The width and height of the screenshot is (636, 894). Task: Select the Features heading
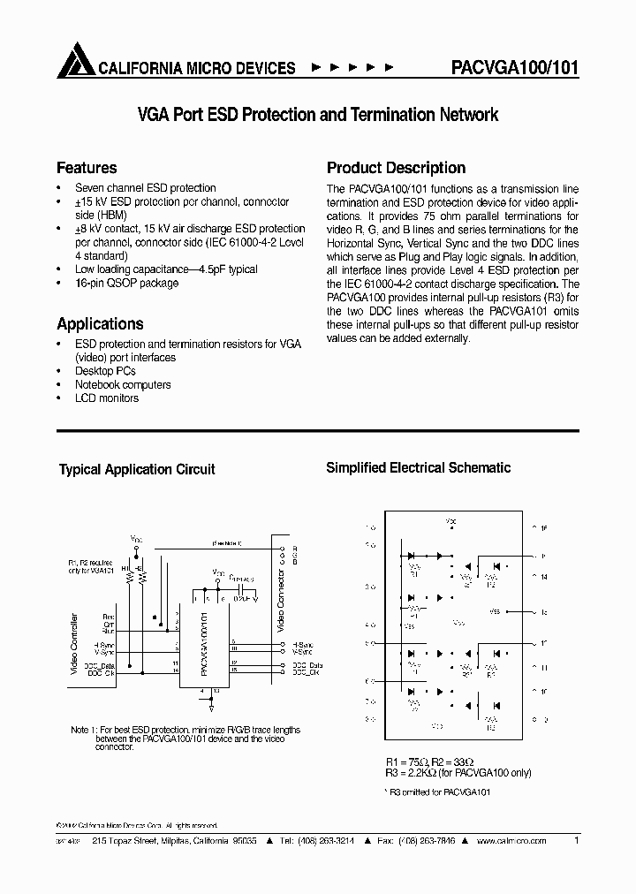click(x=87, y=168)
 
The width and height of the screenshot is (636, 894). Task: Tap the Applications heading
click(x=100, y=324)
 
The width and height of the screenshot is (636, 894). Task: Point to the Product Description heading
click(x=396, y=168)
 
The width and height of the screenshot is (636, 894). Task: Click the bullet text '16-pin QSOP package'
click(x=126, y=284)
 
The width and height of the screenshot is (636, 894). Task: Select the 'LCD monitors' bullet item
click(x=107, y=398)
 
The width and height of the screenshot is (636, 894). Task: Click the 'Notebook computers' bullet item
click(x=123, y=385)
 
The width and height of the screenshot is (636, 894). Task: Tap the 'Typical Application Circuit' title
click(x=137, y=470)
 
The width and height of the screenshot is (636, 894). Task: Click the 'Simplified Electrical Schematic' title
click(x=419, y=468)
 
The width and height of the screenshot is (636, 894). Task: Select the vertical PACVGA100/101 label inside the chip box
click(x=204, y=645)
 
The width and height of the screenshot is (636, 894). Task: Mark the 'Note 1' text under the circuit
click(x=185, y=739)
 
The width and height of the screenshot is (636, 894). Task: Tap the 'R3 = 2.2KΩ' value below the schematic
click(x=416, y=773)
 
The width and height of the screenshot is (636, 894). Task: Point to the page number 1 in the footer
click(x=577, y=842)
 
